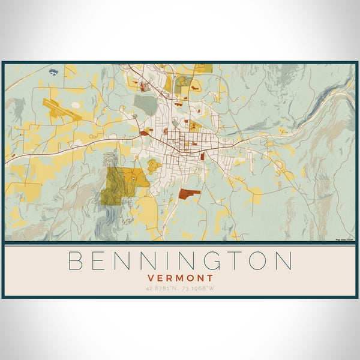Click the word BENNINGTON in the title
click(179, 260)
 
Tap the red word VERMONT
click(179, 278)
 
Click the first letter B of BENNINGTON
click(74, 260)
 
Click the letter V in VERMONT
click(151, 278)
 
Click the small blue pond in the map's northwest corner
click(53, 72)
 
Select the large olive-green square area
click(117, 187)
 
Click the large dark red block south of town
click(188, 193)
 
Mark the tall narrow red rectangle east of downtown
click(203, 156)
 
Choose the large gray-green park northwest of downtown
click(145, 104)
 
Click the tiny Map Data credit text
click(346, 239)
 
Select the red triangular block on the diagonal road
click(143, 134)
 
